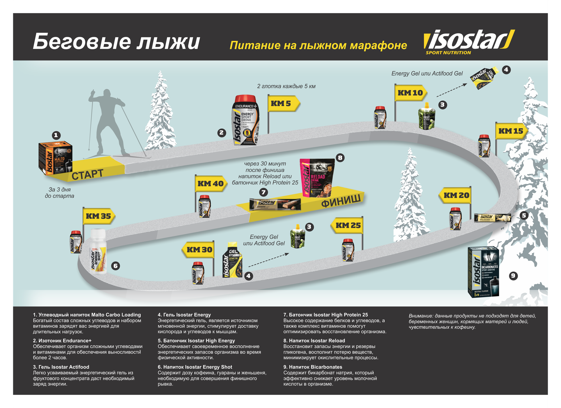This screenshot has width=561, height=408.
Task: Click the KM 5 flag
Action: [282, 104]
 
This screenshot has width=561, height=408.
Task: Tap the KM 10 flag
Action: [410, 93]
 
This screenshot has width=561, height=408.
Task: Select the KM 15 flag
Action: [511, 131]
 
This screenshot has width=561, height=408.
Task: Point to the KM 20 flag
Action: [456, 195]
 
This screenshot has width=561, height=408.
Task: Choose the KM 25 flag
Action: [348, 225]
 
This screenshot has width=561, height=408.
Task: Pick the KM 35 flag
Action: [98, 216]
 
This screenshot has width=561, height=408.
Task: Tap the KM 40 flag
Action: [211, 184]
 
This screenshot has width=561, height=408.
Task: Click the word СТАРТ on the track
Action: [87, 174]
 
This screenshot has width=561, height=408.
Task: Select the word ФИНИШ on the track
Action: [341, 200]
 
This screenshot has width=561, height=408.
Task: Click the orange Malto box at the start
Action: [55, 158]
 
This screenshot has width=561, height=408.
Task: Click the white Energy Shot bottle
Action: [98, 251]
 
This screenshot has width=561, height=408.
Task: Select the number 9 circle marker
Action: [513, 275]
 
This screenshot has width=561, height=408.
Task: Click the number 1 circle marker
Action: [56, 135]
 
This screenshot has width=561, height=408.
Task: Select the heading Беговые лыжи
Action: [116, 42]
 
